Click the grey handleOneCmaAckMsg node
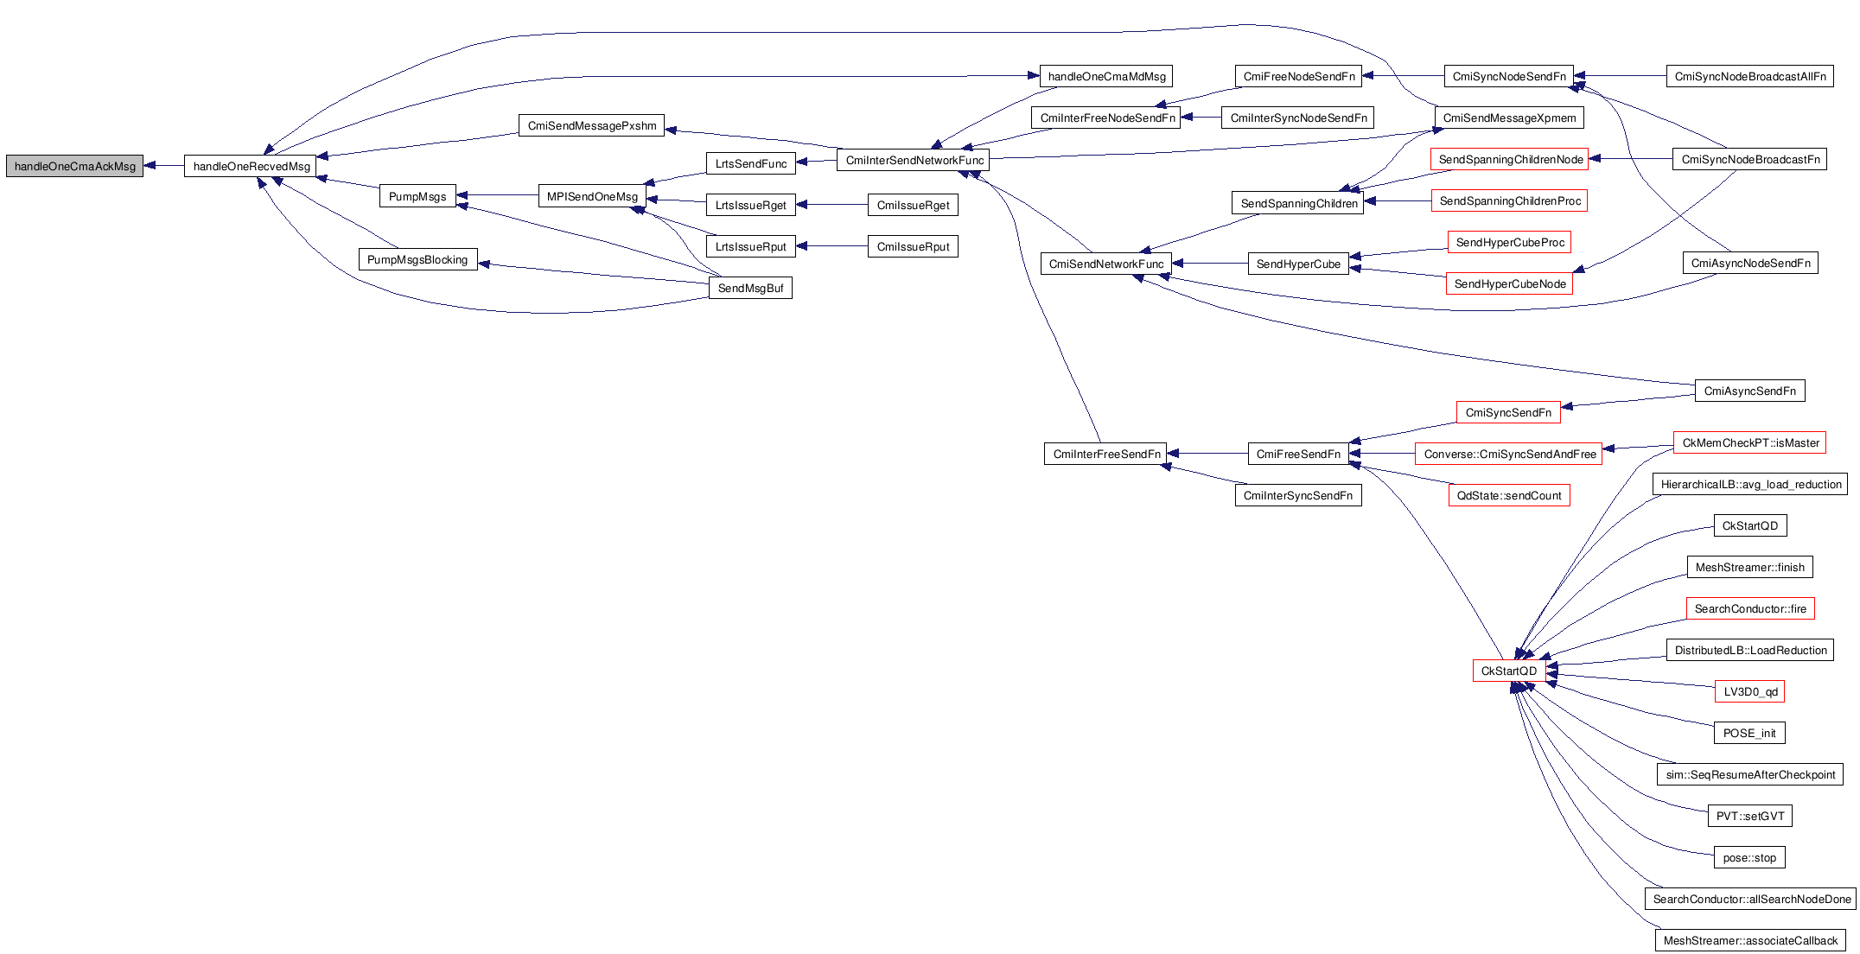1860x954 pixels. click(x=75, y=166)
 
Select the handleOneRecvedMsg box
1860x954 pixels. click(x=251, y=166)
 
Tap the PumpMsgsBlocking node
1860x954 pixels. click(x=417, y=259)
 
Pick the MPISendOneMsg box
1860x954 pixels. click(x=592, y=196)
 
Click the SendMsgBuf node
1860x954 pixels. click(x=750, y=288)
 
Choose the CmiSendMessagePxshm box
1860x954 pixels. click(x=592, y=125)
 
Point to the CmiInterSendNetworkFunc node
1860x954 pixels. click(x=914, y=160)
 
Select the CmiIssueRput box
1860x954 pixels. click(x=913, y=246)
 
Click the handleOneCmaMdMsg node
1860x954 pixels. click(x=1106, y=76)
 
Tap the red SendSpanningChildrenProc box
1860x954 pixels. click(x=1510, y=200)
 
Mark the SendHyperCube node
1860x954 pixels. click(x=1298, y=264)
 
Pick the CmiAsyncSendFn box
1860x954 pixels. click(x=1749, y=391)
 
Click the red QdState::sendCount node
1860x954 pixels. click(x=1509, y=495)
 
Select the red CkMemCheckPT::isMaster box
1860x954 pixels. click(x=1750, y=442)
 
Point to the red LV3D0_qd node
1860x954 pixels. click(x=1750, y=691)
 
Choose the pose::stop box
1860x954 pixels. click(x=1749, y=857)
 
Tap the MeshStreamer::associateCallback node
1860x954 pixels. click(x=1750, y=940)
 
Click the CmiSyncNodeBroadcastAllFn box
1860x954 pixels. click(x=1750, y=76)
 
